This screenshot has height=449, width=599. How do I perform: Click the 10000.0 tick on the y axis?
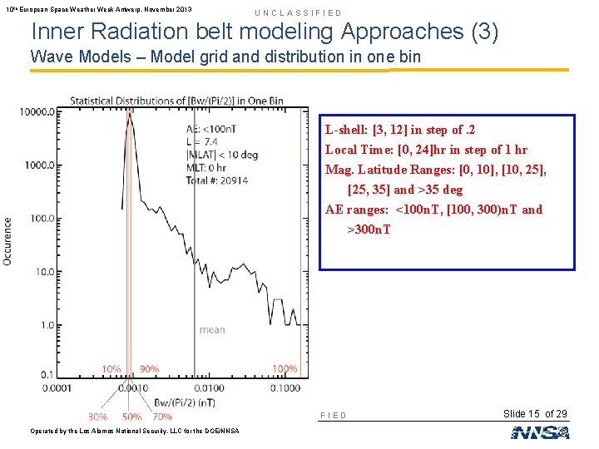[40, 111]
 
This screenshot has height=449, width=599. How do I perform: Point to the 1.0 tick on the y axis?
[50, 324]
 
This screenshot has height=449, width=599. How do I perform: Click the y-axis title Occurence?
[8, 241]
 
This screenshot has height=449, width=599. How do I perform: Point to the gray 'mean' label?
[212, 330]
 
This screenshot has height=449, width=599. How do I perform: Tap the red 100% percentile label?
[285, 368]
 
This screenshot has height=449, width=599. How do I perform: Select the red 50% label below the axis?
[131, 417]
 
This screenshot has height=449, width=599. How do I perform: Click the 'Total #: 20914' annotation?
[217, 180]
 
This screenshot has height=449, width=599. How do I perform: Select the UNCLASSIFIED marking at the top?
[298, 12]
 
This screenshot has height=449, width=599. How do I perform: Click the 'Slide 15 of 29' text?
[537, 414]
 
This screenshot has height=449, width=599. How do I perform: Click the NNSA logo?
[540, 432]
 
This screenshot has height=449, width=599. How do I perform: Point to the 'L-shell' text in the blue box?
[347, 130]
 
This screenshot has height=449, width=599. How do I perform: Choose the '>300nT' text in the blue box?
[369, 229]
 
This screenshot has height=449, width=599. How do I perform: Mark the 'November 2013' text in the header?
[162, 9]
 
